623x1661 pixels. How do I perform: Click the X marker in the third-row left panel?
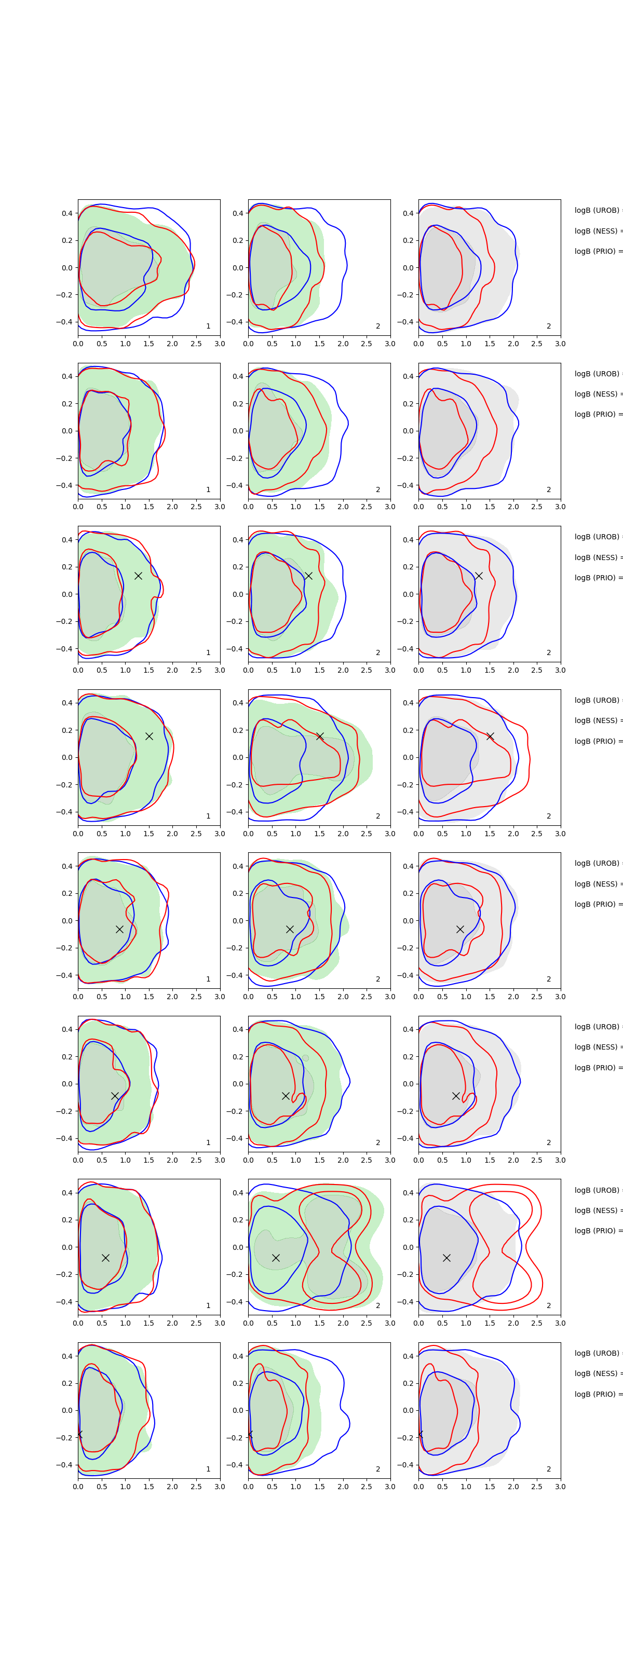click(x=138, y=575)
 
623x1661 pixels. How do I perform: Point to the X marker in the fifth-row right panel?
click(x=460, y=929)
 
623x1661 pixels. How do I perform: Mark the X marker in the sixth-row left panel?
click(x=115, y=1096)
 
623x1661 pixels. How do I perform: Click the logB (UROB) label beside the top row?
click(x=597, y=210)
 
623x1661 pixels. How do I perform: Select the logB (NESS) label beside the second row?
click(x=597, y=394)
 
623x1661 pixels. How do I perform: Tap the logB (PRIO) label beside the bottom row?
click(x=597, y=1394)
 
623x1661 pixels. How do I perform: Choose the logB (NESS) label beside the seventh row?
click(x=597, y=1210)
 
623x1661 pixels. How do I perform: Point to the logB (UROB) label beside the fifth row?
click(x=597, y=863)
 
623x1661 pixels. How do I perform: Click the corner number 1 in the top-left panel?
click(x=208, y=326)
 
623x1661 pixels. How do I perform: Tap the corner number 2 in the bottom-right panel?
click(x=549, y=1469)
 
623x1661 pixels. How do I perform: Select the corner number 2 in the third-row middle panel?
click(x=378, y=652)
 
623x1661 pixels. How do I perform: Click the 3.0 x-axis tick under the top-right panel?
click(x=560, y=344)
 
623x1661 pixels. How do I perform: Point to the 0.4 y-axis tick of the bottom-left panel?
click(x=67, y=1356)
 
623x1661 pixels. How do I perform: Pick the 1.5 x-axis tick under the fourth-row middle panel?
click(x=319, y=834)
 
